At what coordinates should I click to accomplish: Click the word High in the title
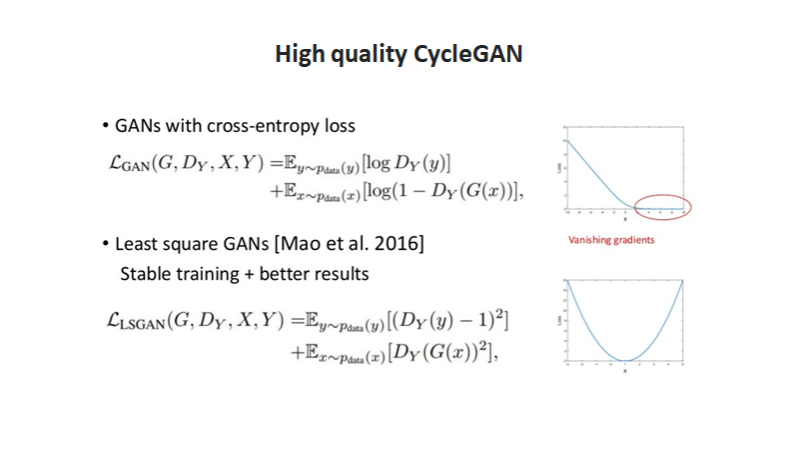[x=300, y=55]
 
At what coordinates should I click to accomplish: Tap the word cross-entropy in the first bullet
[x=261, y=127]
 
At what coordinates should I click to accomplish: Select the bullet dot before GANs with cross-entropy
[x=105, y=127]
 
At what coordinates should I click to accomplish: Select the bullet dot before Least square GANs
[x=105, y=245]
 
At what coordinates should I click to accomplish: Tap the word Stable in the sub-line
[x=146, y=273]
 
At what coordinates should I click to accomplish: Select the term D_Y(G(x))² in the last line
[x=449, y=352]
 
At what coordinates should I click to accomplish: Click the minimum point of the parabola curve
[x=624, y=360]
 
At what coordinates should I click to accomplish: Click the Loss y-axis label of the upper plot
[x=557, y=169]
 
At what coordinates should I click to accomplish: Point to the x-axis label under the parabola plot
[x=624, y=372]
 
